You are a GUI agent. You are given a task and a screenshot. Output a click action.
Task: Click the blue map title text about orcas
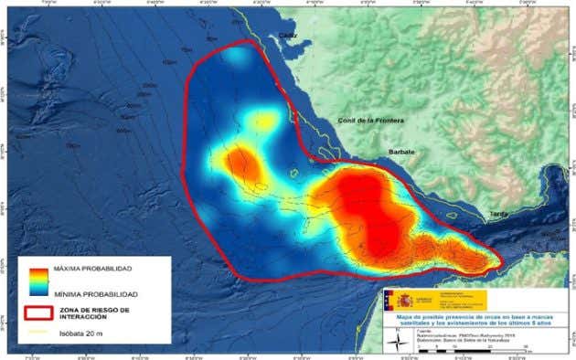pyautogui.click(x=475, y=320)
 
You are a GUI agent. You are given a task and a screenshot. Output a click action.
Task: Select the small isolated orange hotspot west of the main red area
pyautogui.click(x=241, y=164)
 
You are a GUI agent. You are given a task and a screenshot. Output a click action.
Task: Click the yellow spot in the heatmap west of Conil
pyautogui.click(x=264, y=120)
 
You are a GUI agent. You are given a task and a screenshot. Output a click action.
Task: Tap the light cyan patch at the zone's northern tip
pyautogui.click(x=237, y=58)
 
